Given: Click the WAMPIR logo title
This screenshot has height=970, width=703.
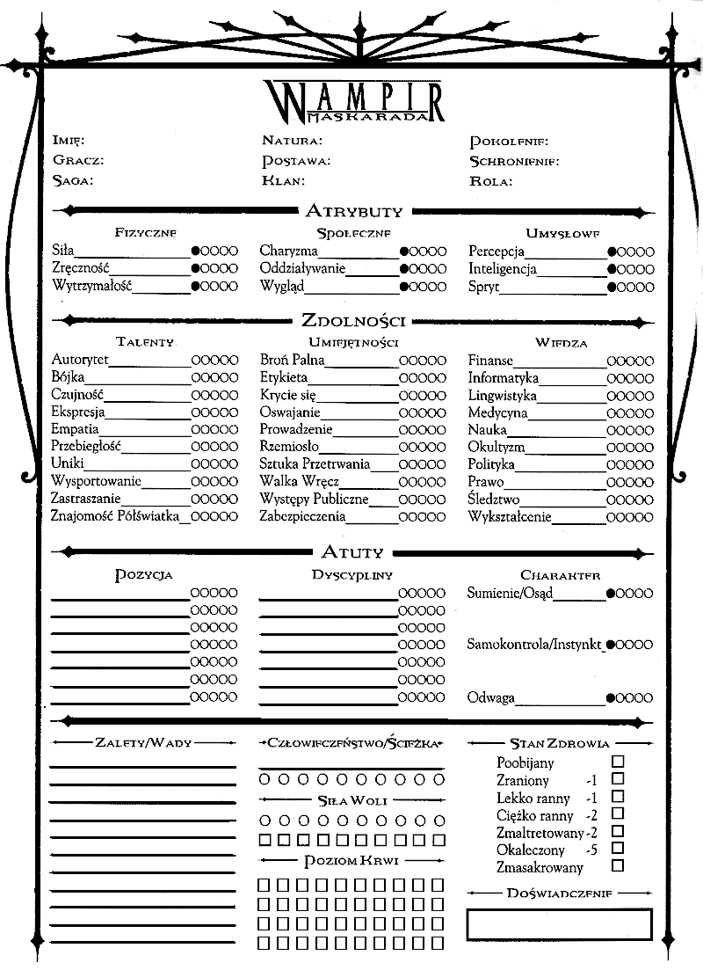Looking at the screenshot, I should pos(352,99).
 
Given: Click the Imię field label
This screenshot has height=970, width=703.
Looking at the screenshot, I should pos(68,141).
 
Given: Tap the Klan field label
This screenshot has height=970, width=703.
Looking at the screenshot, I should pos(282,181).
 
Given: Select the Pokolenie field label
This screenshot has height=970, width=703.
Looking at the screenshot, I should pos(509,141).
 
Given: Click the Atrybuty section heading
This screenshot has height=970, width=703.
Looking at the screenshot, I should pos(353,211).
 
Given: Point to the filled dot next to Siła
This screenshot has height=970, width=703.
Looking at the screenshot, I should pos(196,252).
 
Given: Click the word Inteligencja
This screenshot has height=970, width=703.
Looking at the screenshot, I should pos(502,269).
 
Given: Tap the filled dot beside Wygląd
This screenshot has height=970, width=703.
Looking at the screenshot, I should pos(404,287).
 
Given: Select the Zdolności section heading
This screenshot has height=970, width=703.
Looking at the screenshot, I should pos(353,320).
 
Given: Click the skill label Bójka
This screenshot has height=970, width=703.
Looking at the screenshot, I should pos(68,377).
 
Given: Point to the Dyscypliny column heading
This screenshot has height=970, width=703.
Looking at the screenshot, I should pos(351,575).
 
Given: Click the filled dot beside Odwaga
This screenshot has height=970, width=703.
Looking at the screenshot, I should pos(611,699).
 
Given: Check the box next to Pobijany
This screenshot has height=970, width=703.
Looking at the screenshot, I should pos(618,762).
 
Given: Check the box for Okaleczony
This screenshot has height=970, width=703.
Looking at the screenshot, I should pos(618,849).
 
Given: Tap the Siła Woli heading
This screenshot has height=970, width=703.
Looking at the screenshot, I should pos(351,801).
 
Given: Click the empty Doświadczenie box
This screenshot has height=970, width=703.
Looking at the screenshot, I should pos(559,924).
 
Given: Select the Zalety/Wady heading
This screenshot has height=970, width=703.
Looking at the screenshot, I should pos(143,743).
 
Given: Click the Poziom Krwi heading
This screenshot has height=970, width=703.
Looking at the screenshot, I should pos(351,860).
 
